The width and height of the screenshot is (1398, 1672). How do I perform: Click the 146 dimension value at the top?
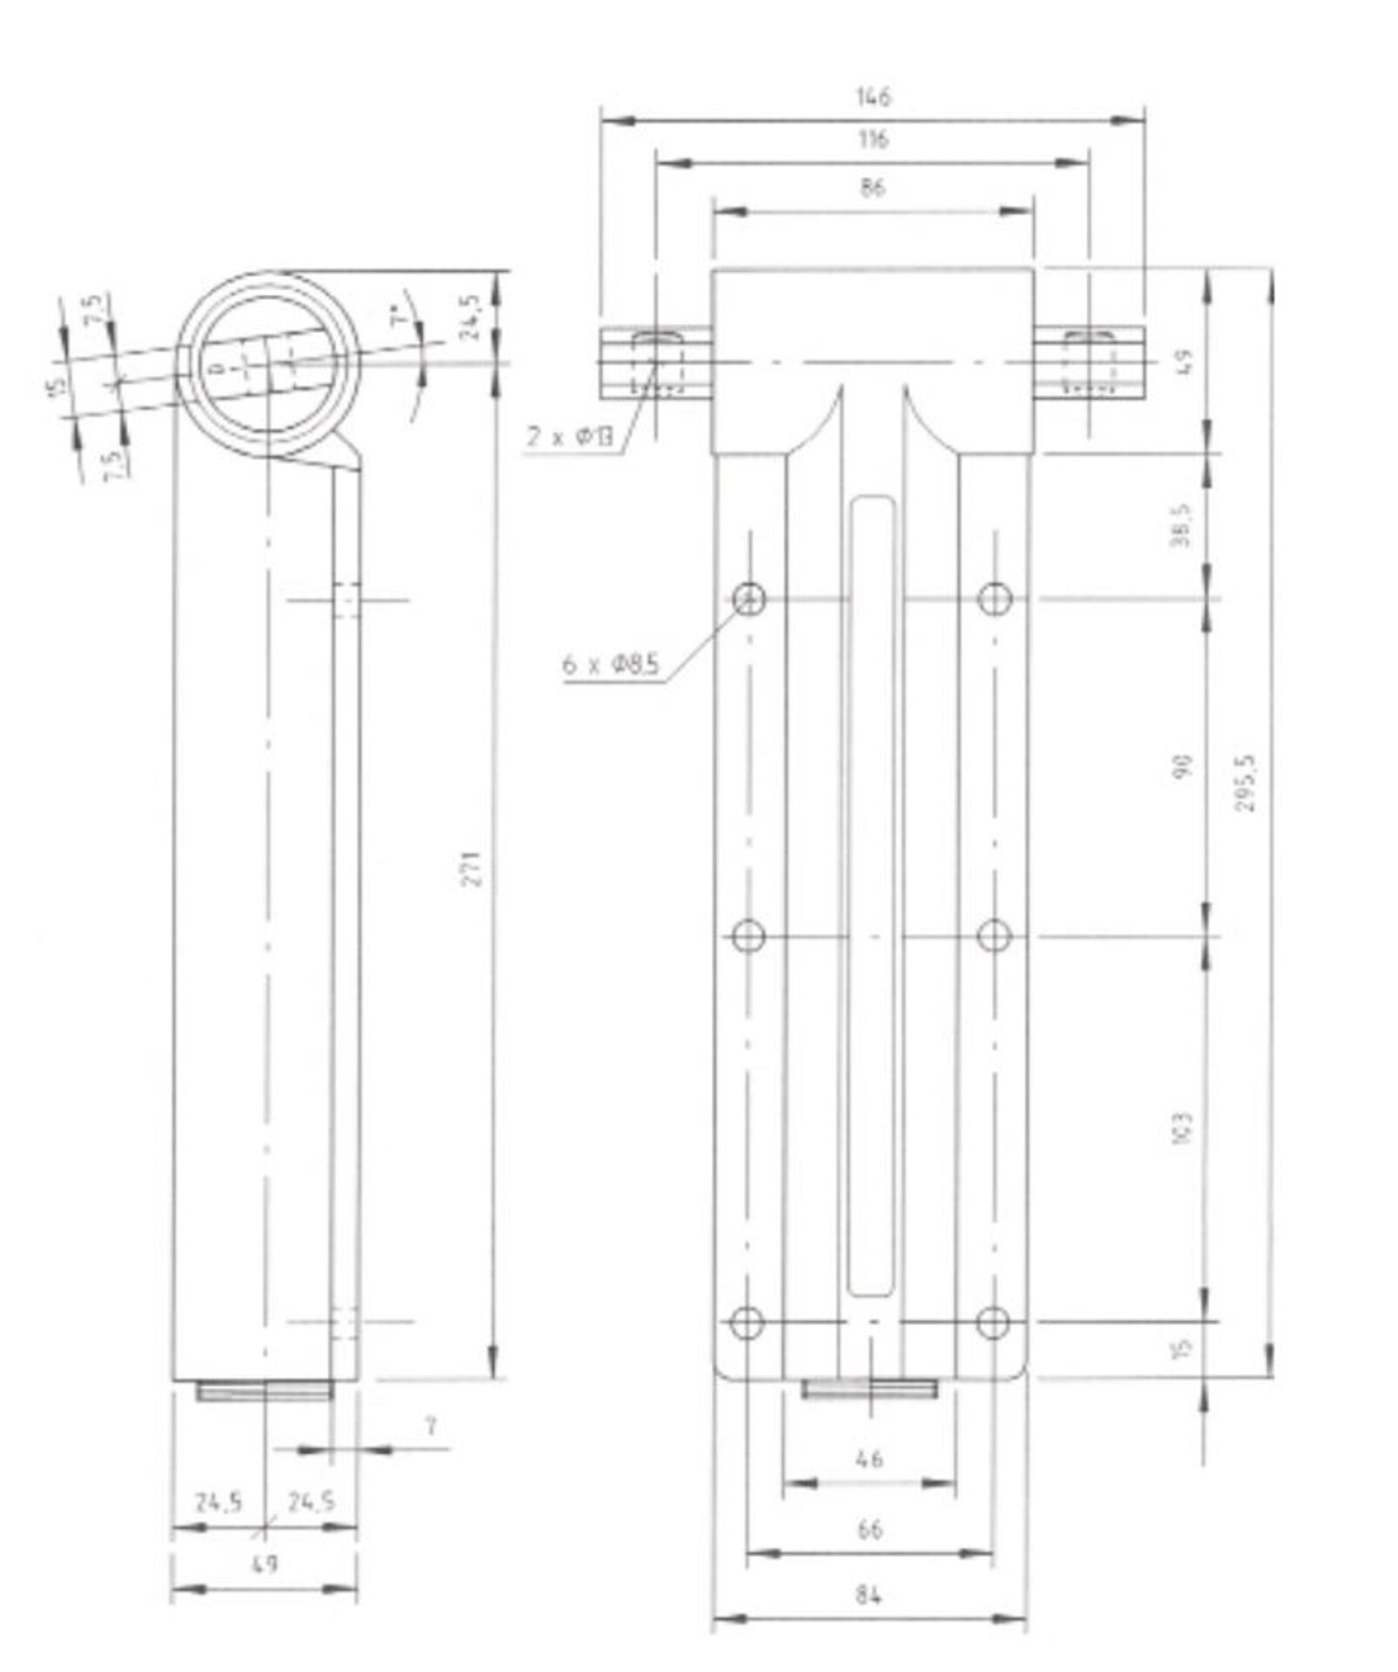[874, 97]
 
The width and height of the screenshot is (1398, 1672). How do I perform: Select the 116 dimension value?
[872, 139]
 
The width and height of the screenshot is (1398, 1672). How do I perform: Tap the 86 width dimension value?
[871, 187]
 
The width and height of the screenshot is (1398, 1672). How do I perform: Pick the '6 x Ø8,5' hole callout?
[611, 665]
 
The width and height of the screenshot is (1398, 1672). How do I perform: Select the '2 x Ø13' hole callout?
[571, 436]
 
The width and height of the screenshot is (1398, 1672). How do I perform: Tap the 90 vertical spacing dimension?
[1183, 767]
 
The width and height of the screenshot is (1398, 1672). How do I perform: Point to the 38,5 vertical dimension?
[1182, 525]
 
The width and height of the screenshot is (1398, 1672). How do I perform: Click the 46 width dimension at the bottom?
[869, 1458]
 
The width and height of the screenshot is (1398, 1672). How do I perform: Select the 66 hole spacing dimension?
[869, 1529]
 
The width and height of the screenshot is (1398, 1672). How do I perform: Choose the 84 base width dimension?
[868, 1595]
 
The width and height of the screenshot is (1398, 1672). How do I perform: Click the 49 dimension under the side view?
[263, 1564]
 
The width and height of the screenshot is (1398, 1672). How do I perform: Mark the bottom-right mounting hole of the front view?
[992, 1323]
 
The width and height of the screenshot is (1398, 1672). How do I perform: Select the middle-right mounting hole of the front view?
[994, 937]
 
